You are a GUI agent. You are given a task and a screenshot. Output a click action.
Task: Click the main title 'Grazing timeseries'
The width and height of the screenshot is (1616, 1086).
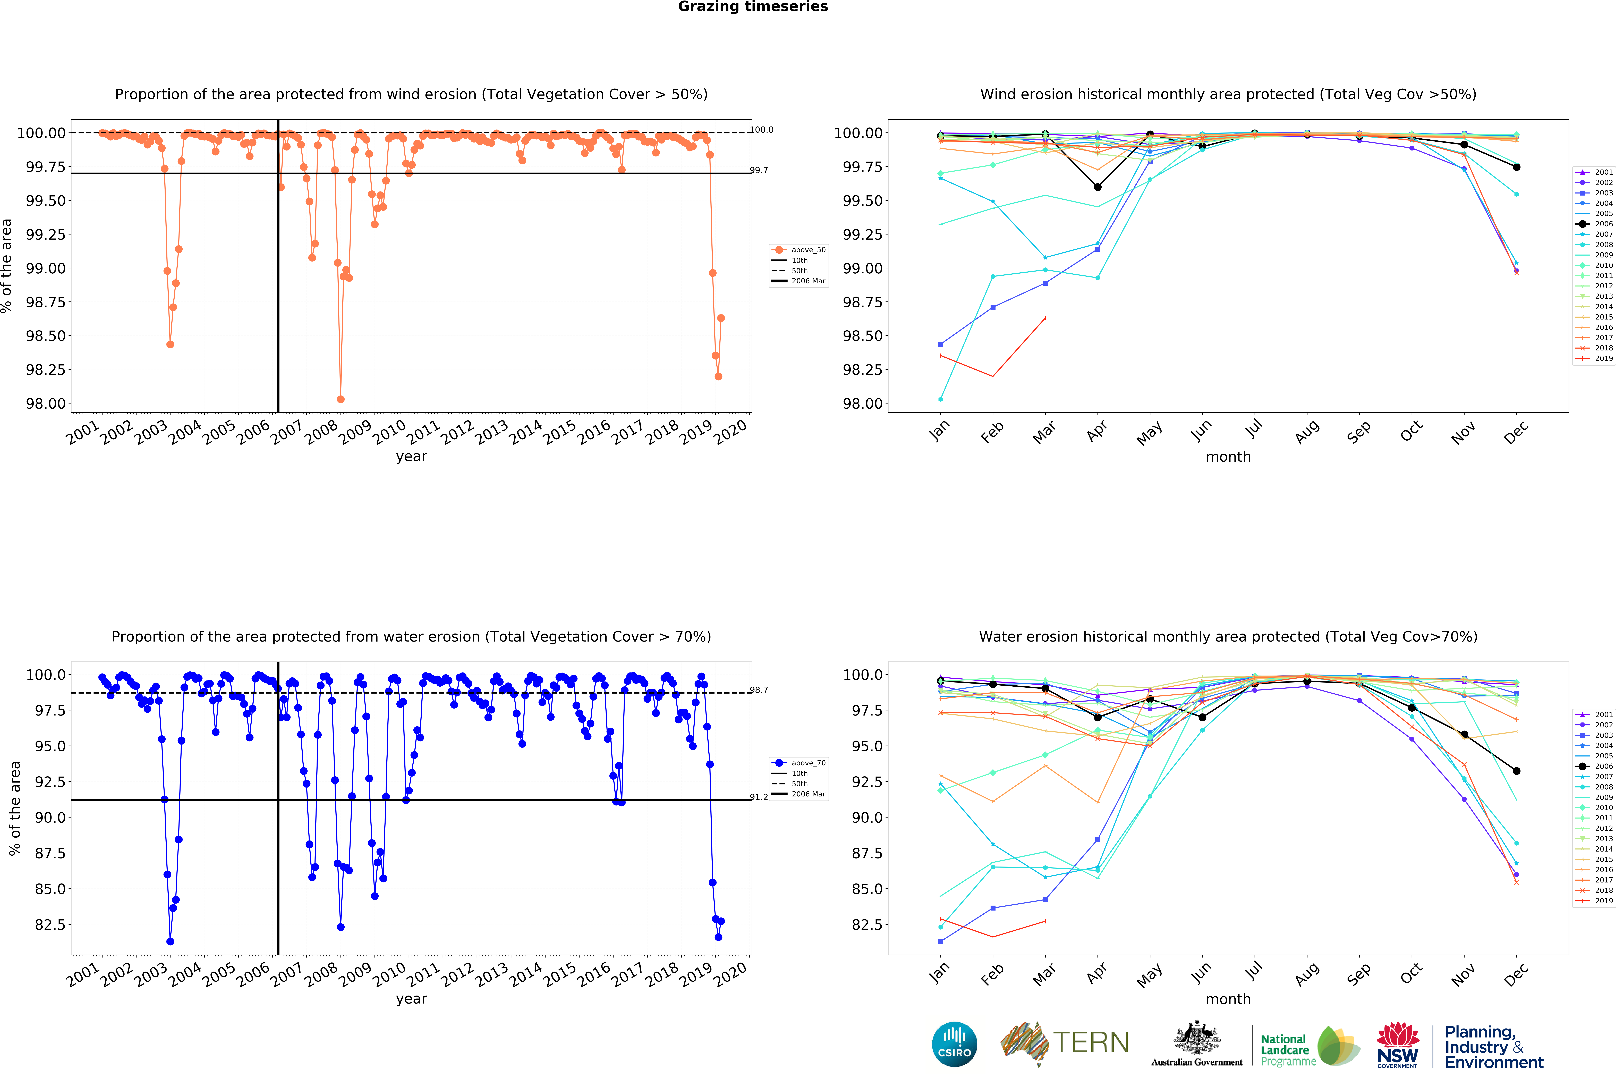tap(753, 7)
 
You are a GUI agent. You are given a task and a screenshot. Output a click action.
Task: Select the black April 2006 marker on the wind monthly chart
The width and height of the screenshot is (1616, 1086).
tap(1097, 187)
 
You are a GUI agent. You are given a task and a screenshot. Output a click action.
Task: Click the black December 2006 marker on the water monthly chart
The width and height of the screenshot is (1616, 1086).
tap(1516, 771)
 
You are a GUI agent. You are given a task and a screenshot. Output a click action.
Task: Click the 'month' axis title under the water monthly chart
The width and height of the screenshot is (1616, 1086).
tap(1228, 999)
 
